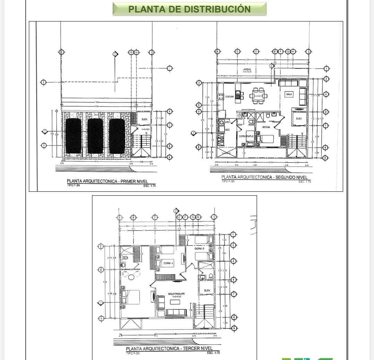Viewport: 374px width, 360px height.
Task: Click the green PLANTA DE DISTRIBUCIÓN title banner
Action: coord(189,9)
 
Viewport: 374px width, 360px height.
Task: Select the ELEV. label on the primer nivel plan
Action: coord(145,119)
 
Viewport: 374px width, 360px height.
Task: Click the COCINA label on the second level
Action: coord(229,97)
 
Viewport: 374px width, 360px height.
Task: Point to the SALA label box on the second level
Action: coord(289,94)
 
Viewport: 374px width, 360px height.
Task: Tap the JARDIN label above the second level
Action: coord(247,70)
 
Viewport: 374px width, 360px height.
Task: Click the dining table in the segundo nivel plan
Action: coord(259,96)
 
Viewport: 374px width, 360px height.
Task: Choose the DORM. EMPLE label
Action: coord(246,136)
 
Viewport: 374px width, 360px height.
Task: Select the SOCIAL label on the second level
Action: coord(266,127)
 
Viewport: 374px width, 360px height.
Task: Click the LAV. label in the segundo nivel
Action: coord(227,122)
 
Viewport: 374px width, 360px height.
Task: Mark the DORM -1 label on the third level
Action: coord(168,263)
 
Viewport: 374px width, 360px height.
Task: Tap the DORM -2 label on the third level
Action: coord(199,249)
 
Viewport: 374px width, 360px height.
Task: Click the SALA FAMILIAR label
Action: coord(176,294)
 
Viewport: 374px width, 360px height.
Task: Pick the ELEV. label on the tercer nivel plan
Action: coord(207,290)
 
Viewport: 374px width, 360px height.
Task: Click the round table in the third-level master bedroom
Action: coord(131,277)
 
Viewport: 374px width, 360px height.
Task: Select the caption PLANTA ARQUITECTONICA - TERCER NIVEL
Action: coord(169,348)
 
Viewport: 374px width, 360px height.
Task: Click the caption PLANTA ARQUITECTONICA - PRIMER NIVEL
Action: coord(107,181)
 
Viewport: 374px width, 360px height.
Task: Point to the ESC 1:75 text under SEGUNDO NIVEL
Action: coord(305,181)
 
